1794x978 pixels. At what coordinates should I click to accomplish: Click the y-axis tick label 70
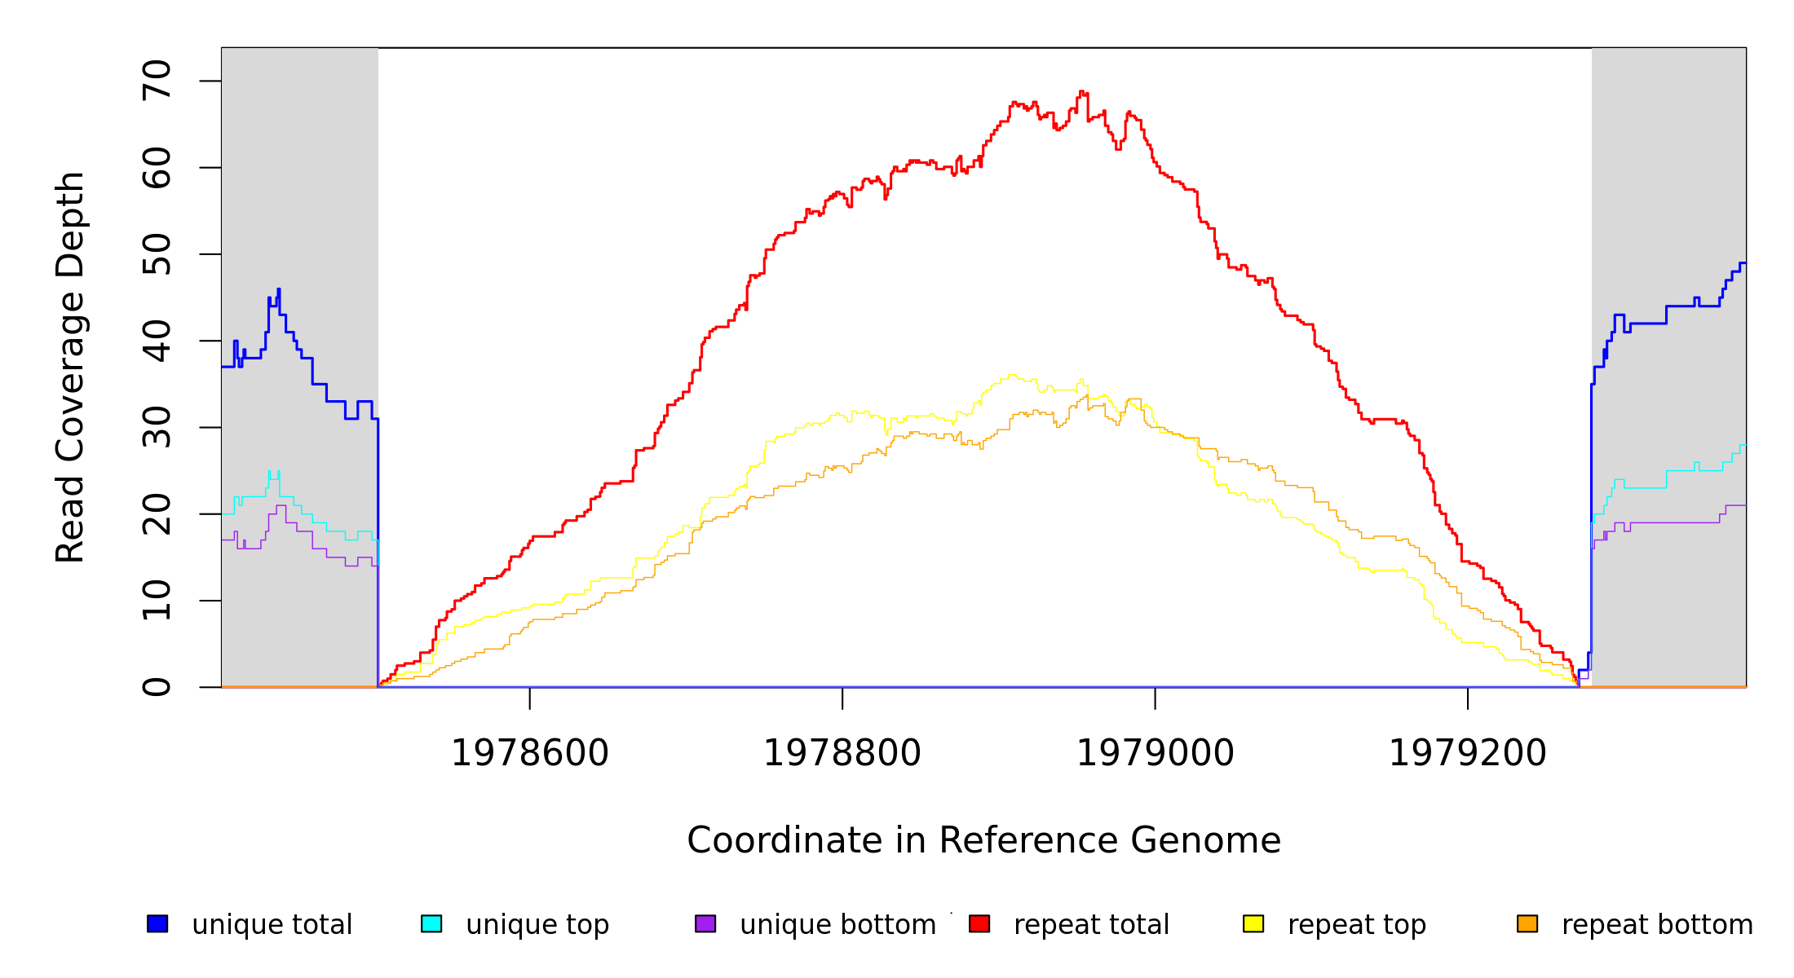157,81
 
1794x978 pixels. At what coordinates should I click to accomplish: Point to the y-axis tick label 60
157,168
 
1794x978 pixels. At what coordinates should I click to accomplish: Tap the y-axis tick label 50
157,254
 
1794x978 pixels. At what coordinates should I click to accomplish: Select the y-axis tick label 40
157,341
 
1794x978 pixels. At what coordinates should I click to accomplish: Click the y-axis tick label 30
157,427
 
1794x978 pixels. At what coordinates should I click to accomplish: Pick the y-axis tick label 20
157,514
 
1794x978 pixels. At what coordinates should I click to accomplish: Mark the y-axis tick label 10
157,601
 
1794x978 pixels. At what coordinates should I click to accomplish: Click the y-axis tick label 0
157,687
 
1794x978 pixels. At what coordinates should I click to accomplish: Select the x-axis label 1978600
530,753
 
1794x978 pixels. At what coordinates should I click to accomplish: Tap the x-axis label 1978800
842,753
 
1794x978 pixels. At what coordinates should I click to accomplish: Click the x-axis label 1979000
1155,753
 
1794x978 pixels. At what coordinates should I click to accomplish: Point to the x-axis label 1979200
1468,753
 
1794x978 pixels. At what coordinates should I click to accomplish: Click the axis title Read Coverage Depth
70,367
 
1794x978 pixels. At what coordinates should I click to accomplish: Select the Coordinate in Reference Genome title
983,840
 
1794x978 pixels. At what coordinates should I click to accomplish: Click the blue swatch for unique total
157,923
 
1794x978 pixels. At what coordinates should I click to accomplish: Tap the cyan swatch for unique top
431,923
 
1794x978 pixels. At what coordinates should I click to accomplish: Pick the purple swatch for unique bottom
705,923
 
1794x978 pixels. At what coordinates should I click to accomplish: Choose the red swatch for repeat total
979,923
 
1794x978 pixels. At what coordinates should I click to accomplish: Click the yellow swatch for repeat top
1253,923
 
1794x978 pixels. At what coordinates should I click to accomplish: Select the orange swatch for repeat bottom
1527,923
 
